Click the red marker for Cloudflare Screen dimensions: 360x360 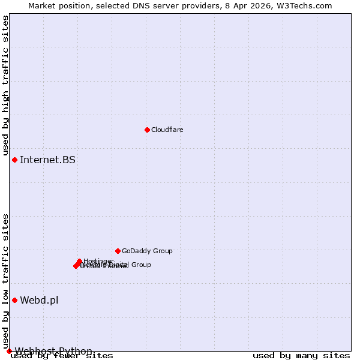point(147,130)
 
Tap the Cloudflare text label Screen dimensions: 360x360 point(167,130)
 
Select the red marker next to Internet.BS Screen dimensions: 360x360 point(14,160)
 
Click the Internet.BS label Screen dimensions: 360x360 point(48,160)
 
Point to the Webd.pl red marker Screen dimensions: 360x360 point(14,300)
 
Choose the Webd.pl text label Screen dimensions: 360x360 point(39,300)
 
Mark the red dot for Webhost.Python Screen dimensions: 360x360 point(9,351)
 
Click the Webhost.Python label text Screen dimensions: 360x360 point(53,351)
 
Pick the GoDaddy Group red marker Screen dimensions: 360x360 point(118,251)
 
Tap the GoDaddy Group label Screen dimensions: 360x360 point(147,251)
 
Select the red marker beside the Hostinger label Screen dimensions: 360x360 point(79,261)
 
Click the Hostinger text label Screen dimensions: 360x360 point(98,261)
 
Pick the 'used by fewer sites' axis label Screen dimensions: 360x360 point(62,356)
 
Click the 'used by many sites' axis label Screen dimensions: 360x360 point(301,356)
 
